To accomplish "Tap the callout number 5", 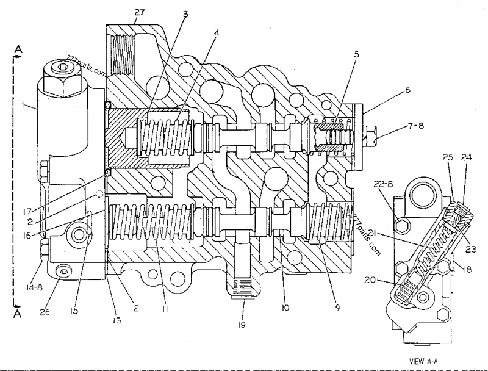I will pyautogui.click(x=356, y=54).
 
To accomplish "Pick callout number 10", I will pyautogui.click(x=284, y=308).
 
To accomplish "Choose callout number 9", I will pyautogui.click(x=338, y=308).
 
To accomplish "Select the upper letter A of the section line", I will pyautogui.click(x=18, y=48).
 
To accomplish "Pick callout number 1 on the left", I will pyautogui.click(x=22, y=105).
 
